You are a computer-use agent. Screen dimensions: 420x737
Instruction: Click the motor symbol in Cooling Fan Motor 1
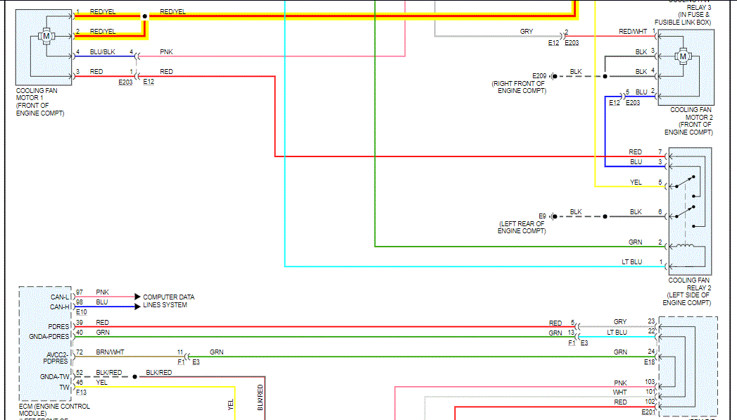(46, 35)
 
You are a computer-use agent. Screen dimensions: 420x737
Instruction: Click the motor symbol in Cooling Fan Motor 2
(682, 56)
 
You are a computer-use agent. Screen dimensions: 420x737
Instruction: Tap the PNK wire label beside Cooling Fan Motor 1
(165, 52)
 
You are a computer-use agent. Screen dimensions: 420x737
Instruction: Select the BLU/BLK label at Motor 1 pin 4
(102, 52)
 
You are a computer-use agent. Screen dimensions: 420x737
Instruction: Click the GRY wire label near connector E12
(527, 32)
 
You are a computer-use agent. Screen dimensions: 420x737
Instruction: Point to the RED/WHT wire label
(632, 32)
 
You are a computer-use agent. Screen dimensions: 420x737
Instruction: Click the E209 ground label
(539, 75)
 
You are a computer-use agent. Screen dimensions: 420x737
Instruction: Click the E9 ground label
(542, 216)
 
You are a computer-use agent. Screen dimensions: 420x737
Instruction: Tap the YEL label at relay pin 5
(636, 183)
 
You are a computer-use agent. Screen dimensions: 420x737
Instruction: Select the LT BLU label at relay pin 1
(632, 262)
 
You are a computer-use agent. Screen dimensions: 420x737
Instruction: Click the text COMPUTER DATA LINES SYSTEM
(168, 301)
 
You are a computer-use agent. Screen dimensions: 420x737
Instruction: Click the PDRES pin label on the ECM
(58, 326)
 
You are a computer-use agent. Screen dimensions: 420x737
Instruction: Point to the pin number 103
(650, 382)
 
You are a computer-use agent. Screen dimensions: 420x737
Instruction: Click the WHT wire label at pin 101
(619, 392)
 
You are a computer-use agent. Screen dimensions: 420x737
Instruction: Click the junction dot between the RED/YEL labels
(144, 16)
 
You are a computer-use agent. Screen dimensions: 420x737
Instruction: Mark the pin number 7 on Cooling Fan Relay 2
(660, 152)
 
